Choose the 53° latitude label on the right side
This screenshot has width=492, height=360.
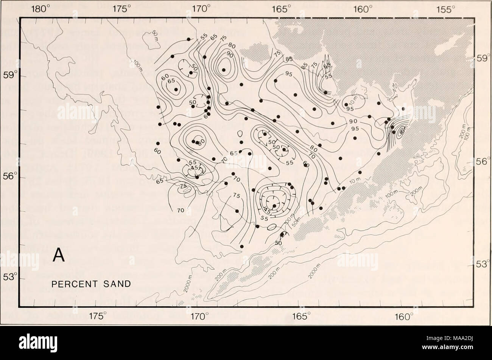(483, 264)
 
